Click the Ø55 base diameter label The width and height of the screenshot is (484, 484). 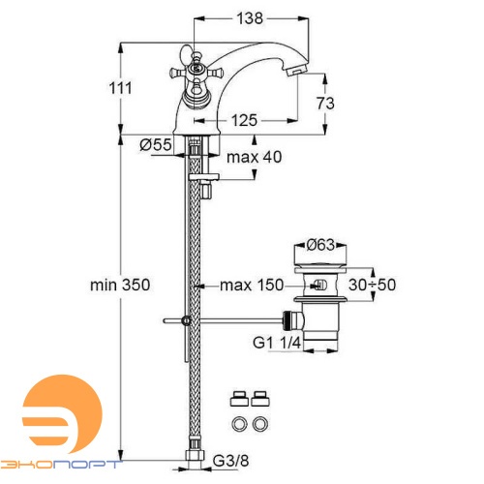pyautogui.click(x=156, y=144)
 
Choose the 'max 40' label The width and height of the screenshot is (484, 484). pyautogui.click(x=249, y=158)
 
